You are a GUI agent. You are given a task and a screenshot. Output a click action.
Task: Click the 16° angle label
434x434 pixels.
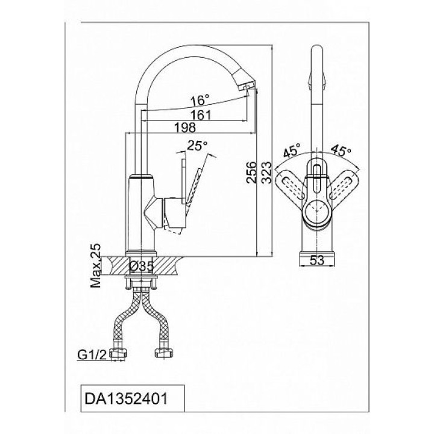200,100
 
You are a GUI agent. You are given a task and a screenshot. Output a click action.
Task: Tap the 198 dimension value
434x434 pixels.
185,127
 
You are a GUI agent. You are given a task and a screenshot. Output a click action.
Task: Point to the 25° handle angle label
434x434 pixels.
197,146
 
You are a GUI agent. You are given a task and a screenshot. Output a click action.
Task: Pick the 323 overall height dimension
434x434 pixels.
267,172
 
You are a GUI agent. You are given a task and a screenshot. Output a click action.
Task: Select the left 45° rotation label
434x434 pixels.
292,150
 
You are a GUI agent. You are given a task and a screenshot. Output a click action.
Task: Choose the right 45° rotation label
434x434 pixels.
341,150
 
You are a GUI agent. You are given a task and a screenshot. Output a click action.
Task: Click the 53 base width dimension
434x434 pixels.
316,260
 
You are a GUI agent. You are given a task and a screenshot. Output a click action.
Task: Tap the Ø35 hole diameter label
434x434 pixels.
141,266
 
